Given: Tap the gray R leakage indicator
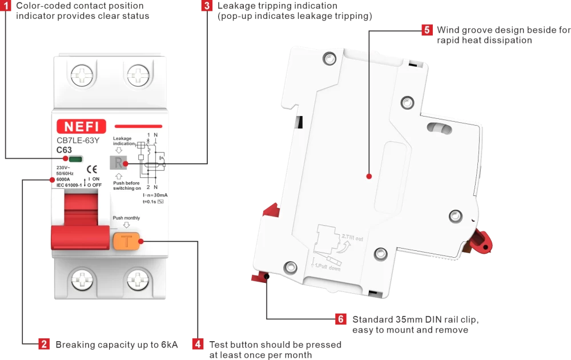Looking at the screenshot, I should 117,163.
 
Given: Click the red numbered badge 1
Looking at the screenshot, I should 6,6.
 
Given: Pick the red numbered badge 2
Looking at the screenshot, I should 44,344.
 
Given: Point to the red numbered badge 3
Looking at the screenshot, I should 207,6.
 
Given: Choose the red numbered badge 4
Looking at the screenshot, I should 198,344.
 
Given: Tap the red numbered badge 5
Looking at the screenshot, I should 427,30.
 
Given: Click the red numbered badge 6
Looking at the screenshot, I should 341,319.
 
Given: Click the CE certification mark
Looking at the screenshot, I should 91,169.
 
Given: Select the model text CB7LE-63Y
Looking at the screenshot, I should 78,139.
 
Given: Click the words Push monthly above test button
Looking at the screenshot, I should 126,218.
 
